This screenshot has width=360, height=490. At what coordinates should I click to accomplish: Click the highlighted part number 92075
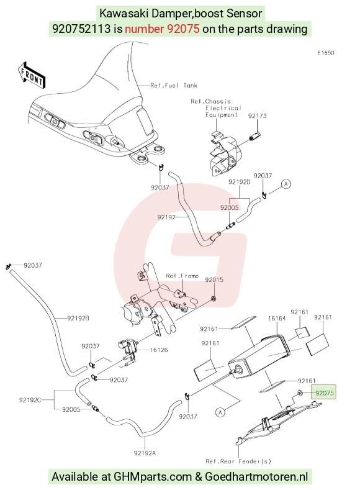[x=325, y=393]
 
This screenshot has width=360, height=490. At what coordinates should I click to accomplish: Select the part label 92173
[x=258, y=116]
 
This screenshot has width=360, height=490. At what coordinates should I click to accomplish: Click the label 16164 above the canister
[x=277, y=319]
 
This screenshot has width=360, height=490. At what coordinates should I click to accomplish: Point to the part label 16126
[x=159, y=350]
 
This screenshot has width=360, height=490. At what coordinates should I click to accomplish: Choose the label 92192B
[x=78, y=318]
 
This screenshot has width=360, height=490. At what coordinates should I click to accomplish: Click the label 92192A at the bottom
[x=145, y=453]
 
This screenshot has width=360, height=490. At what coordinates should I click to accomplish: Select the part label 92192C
[x=30, y=400]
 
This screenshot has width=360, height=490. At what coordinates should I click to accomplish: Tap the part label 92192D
[x=240, y=182]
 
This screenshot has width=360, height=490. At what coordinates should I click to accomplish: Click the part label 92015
[x=214, y=279]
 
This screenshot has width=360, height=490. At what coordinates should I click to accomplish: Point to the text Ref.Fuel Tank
[x=174, y=85]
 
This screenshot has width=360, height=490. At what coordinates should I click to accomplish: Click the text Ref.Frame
[x=182, y=276]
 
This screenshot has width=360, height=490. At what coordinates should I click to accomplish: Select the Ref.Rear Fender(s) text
[x=238, y=461]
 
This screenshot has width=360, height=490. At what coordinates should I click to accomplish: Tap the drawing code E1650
[x=326, y=53]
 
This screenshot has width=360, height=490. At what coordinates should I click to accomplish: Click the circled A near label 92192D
[x=286, y=184]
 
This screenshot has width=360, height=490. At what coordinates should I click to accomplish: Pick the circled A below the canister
[x=220, y=412]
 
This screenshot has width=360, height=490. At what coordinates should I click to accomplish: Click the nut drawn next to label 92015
[x=214, y=299]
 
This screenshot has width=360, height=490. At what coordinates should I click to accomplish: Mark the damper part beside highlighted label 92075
[x=299, y=392]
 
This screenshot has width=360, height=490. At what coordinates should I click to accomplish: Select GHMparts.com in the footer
[x=153, y=476]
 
